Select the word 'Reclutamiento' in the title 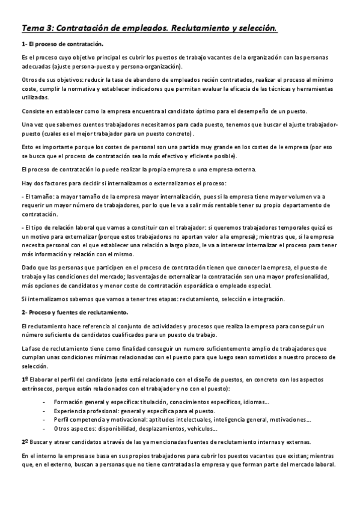point(206,28)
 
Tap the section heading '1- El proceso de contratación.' point(62,45)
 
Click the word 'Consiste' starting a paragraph point(34,112)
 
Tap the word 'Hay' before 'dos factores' point(27,182)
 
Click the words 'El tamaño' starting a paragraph point(36,197)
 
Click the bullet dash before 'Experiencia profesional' point(44,411)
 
